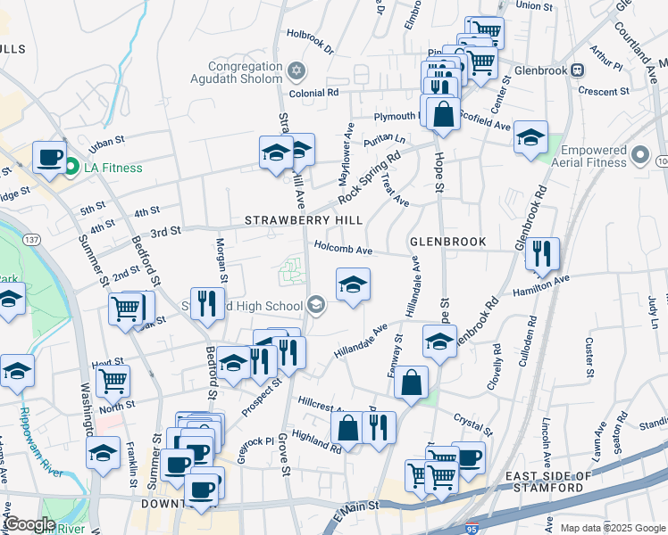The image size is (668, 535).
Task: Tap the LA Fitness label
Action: (107, 167)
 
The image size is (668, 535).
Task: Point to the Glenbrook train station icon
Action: (578, 70)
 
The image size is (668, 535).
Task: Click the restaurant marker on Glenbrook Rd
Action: (541, 254)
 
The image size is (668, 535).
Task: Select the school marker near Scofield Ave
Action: (530, 137)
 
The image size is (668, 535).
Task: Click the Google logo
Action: (29, 524)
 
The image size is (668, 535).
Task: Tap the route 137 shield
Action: (32, 240)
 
